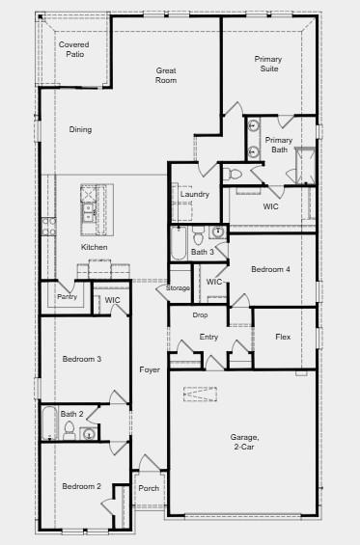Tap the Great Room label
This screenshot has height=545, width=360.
click(166, 75)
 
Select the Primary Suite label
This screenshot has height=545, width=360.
click(268, 64)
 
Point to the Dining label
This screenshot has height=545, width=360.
click(80, 129)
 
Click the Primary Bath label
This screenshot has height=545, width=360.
click(279, 145)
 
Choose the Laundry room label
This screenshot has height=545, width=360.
click(195, 195)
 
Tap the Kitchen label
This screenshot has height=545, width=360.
click(95, 248)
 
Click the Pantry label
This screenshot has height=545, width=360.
click(67, 297)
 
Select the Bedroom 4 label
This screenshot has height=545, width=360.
click(271, 269)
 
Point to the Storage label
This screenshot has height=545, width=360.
click(179, 288)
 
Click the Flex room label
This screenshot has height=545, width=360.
click(283, 337)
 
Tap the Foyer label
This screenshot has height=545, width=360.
click(150, 369)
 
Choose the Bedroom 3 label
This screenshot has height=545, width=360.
click(82, 359)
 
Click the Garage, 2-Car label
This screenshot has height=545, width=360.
click(244, 443)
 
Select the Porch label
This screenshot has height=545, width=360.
click(149, 488)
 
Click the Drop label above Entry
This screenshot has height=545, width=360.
click(200, 315)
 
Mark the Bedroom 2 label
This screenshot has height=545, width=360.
click(82, 486)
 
